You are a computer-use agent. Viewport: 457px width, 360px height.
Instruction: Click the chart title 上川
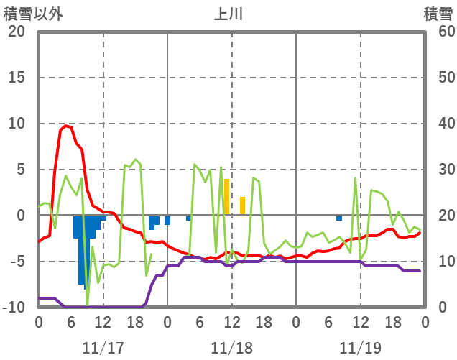[x=228, y=14]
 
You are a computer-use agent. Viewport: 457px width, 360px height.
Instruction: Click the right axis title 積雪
[x=438, y=14]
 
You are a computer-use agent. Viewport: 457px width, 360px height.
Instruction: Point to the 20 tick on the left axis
[x=17, y=32]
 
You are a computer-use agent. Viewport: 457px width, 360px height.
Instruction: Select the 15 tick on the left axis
[x=17, y=78]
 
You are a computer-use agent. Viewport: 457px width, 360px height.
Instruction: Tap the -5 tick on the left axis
[x=17, y=262]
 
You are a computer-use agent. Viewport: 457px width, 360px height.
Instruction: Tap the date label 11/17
[x=103, y=348]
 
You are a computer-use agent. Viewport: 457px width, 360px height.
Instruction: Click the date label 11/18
[x=231, y=348]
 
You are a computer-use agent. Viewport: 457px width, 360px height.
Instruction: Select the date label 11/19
[x=361, y=348]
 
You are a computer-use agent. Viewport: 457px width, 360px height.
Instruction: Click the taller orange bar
[x=226, y=197]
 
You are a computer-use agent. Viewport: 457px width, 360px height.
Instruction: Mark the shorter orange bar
[x=243, y=206]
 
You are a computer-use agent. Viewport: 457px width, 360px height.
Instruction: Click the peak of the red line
[x=66, y=126]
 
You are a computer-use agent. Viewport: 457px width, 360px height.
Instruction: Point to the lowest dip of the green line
[x=88, y=305]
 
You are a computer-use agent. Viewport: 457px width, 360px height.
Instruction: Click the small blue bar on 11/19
[x=339, y=218]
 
